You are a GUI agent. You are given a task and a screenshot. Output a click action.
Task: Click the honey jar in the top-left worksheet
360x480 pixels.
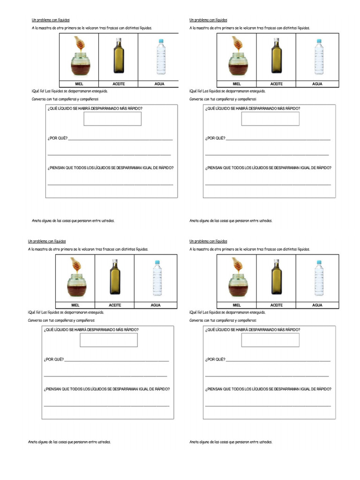(79, 65)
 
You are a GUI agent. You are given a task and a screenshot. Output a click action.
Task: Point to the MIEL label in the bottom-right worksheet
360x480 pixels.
(237, 305)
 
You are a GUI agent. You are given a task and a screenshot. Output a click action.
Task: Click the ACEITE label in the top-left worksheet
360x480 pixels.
(119, 84)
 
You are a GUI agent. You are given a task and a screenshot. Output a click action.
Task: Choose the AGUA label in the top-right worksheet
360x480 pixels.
(317, 84)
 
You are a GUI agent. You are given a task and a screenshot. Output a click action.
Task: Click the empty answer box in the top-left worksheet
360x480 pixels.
(112, 119)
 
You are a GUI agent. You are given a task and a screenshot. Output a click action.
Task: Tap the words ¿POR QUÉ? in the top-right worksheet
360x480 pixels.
(215, 138)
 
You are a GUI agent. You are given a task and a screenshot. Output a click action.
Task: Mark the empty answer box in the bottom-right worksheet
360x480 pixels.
(270, 340)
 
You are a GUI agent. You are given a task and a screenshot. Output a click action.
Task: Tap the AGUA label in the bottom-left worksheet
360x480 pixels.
(156, 305)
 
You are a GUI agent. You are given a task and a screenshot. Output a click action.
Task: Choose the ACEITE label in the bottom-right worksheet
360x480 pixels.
(277, 305)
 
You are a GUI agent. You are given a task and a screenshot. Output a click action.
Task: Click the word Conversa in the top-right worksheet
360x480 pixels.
(197, 99)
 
